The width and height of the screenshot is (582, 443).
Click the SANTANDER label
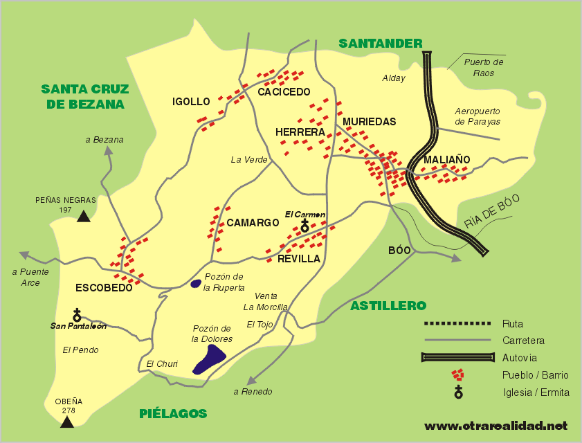click(380, 44)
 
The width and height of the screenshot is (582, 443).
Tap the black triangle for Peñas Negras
click(84, 217)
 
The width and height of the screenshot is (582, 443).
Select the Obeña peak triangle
click(66, 422)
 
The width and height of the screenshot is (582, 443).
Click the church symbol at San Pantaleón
click(77, 315)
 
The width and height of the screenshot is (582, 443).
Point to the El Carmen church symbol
click(304, 226)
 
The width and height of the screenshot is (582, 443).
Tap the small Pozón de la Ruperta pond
click(197, 283)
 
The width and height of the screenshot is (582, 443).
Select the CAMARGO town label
click(253, 223)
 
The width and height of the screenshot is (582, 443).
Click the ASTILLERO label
click(388, 305)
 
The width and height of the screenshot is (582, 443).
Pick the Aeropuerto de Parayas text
click(478, 116)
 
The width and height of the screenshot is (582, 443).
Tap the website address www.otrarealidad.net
click(495, 425)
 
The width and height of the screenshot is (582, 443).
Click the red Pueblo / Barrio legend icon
click(457, 375)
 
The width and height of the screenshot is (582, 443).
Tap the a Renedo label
click(253, 392)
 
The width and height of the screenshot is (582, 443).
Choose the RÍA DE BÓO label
click(491, 212)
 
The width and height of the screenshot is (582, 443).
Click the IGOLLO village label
click(191, 102)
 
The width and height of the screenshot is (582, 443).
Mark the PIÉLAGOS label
click(173, 414)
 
